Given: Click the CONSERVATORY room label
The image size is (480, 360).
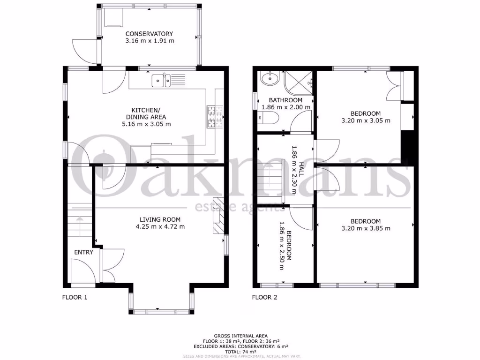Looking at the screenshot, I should [149, 34].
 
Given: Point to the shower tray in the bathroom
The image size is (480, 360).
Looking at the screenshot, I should [299, 82].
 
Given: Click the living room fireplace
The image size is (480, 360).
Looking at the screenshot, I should [218, 215].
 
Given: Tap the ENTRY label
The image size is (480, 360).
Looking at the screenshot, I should [84, 252].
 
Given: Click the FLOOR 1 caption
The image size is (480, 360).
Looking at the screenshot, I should [75, 297].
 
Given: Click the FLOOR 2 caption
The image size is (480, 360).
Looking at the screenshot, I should [265, 297].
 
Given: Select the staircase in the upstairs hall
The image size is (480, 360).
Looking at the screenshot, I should [271, 179].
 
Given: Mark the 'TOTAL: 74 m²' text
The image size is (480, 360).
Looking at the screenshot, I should [241, 352].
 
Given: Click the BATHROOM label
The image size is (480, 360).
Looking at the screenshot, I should [285, 100].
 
